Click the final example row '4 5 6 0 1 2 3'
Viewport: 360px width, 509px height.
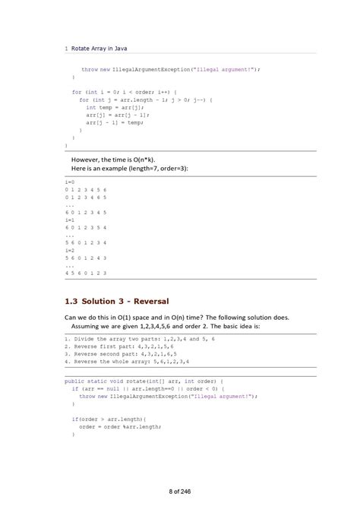tap(86, 272)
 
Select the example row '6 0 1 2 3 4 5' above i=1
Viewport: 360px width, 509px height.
tap(86, 211)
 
